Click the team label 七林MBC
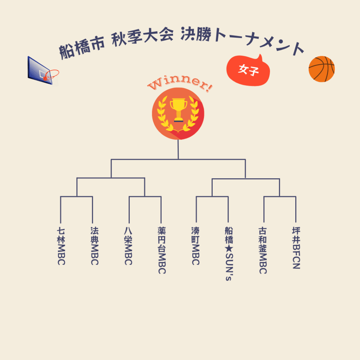[x=61, y=246]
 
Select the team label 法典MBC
[x=95, y=246]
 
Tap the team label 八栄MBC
[x=128, y=246]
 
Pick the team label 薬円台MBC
[x=162, y=250]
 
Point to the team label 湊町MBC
[x=195, y=246]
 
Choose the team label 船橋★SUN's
[x=229, y=254]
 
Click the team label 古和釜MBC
[x=263, y=250]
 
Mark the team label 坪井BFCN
[x=296, y=248]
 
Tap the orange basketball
[x=321, y=69]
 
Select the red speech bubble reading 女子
[x=248, y=70]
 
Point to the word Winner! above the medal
[x=180, y=84]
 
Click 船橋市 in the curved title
[x=82, y=47]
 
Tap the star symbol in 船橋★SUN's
[x=229, y=249]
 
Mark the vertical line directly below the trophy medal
[x=178, y=149]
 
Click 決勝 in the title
[x=196, y=34]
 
